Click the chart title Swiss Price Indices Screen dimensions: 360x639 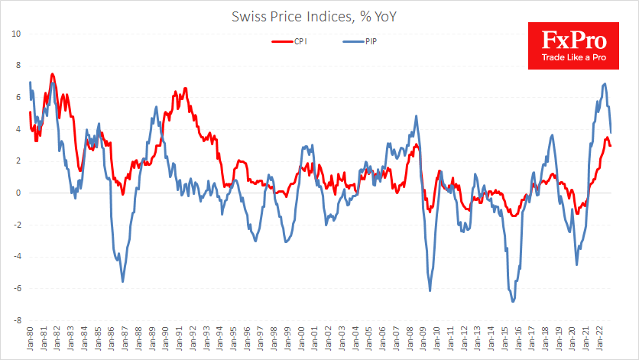(x=319, y=15)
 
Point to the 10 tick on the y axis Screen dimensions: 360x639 (x=16, y=33)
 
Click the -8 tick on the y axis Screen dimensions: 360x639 (x=16, y=321)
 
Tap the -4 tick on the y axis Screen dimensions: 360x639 (x=16, y=257)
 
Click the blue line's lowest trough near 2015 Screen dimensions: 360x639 (x=513, y=301)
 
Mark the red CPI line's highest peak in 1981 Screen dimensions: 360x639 (x=52, y=74)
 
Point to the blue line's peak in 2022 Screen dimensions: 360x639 (x=605, y=84)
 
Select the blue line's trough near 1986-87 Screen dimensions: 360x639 (x=123, y=281)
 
